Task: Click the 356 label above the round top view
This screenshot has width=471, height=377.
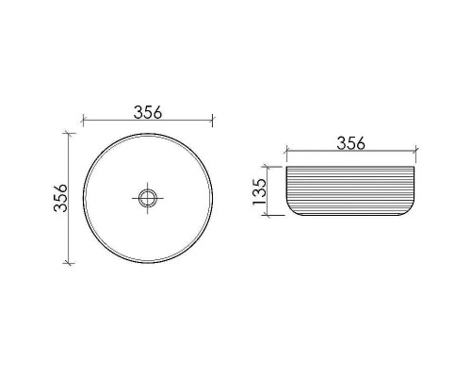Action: (x=147, y=112)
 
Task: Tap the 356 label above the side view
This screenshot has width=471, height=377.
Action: (x=349, y=143)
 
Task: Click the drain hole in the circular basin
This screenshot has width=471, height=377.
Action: (x=147, y=198)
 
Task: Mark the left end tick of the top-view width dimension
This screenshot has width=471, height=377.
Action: (x=83, y=121)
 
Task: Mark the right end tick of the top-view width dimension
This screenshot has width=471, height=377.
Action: (x=212, y=121)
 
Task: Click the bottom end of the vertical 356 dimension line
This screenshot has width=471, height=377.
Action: (x=68, y=262)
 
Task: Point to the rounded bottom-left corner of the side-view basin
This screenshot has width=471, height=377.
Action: (x=292, y=212)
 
